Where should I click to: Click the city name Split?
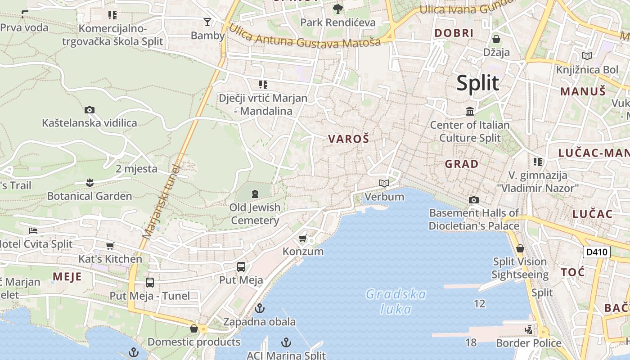(x=477, y=83)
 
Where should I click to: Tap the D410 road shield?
(x=597, y=252)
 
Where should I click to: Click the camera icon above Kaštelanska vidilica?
(x=89, y=110)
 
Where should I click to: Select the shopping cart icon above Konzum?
(x=303, y=238)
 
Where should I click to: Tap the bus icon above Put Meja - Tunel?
(x=150, y=283)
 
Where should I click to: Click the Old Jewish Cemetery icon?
(x=255, y=194)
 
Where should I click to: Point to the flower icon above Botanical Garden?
(x=90, y=183)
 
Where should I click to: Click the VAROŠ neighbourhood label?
(x=348, y=139)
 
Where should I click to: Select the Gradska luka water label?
(x=396, y=301)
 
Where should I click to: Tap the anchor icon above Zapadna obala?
(x=259, y=308)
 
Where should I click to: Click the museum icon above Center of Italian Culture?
(x=470, y=111)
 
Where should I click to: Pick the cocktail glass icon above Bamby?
(x=207, y=22)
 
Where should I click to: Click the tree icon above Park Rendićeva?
(x=337, y=9)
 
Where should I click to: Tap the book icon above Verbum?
(x=384, y=183)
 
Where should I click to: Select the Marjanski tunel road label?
(x=161, y=201)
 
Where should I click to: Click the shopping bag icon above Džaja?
(x=496, y=39)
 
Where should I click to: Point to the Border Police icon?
(x=529, y=330)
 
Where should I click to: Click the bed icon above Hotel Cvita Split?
(x=33, y=231)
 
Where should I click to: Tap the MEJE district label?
(x=67, y=276)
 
